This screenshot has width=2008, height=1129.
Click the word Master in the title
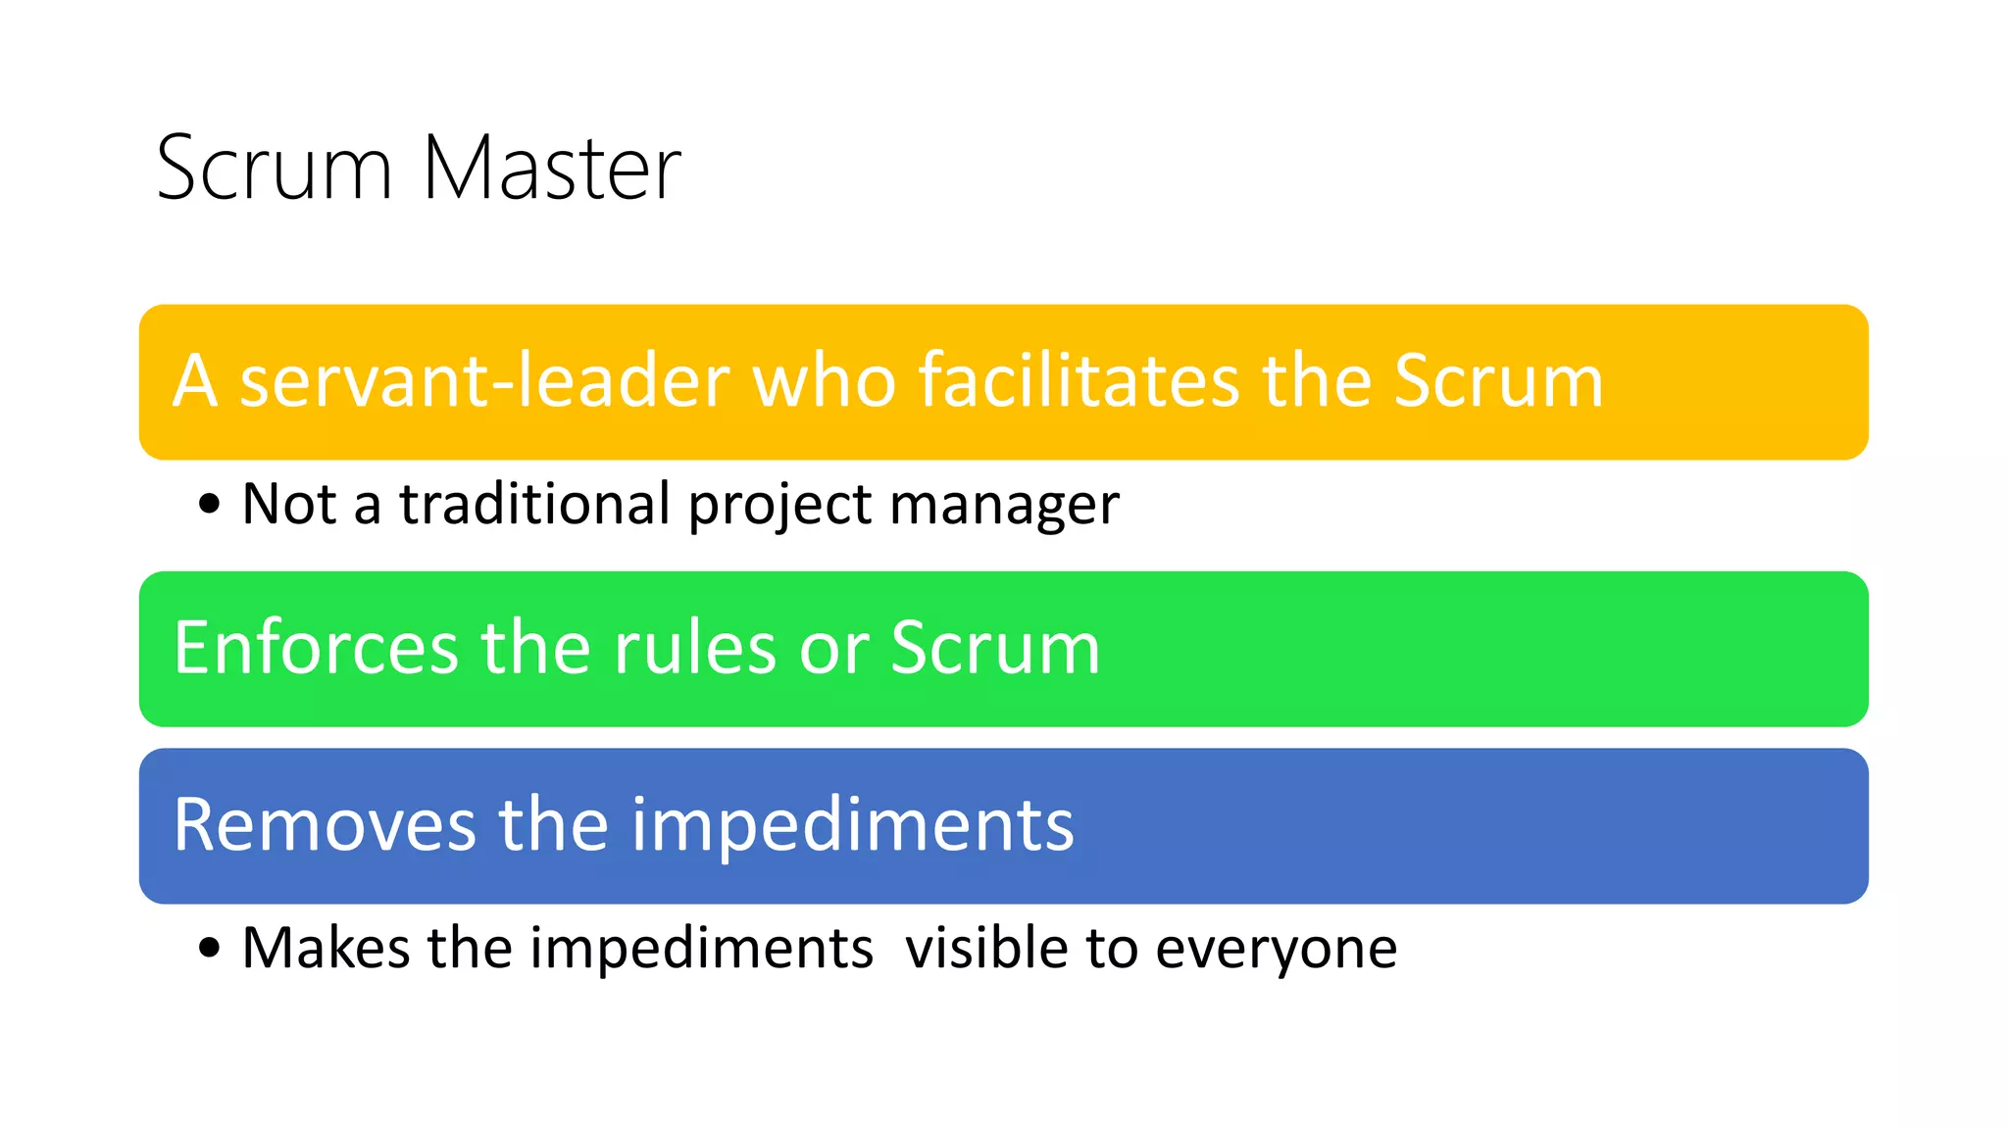551,169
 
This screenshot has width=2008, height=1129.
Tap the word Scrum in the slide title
275,169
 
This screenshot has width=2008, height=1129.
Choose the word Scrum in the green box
995,648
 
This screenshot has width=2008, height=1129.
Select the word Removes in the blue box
325,825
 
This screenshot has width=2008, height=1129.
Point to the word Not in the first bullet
289,504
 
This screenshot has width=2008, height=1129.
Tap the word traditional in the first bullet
533,504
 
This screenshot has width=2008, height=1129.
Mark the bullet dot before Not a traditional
209,505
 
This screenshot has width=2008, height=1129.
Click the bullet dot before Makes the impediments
209,949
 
